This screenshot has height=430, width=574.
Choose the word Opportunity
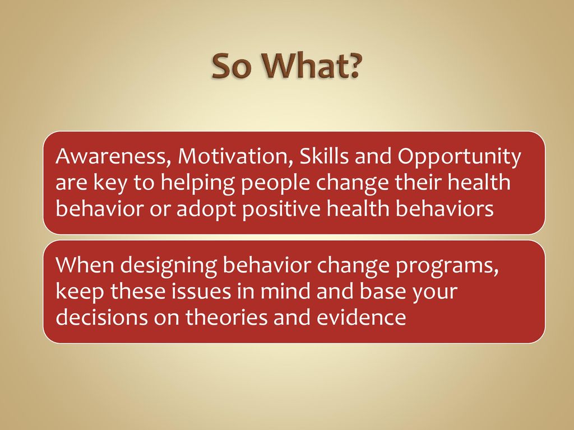460,157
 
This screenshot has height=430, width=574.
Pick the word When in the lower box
85,265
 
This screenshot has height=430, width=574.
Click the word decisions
101,317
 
